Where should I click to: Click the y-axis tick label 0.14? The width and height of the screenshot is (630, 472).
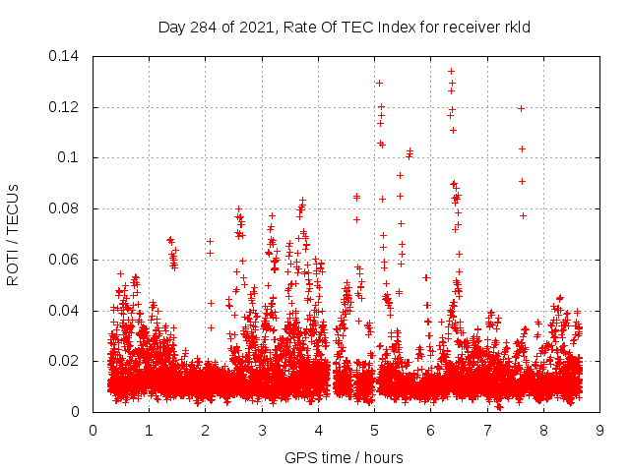coord(66,56)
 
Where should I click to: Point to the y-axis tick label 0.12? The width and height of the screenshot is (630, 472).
coord(66,107)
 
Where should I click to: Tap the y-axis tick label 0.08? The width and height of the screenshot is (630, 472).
coord(66,208)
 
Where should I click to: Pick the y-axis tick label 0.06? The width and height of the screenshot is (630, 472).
coord(66,260)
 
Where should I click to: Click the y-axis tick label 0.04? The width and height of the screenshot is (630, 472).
coord(66,311)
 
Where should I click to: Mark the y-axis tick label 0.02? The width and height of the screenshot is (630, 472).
coord(66,361)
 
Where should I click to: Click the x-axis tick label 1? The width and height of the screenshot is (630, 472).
coord(149,430)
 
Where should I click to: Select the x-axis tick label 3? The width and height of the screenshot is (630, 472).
coord(262,430)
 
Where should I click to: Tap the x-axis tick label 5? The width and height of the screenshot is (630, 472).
coord(374,430)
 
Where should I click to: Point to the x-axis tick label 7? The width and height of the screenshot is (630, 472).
coord(487,430)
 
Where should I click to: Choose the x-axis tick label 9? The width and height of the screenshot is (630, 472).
coord(599,430)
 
